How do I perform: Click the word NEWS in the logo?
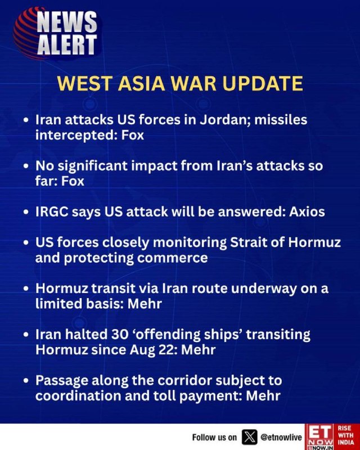coord(67,22)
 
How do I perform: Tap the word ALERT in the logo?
coord(67,44)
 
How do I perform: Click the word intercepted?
coord(74,135)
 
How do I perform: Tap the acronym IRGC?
coord(52,212)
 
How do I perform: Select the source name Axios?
coord(307,212)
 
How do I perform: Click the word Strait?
coord(247,242)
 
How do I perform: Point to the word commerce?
coord(172,258)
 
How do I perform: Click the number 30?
coord(119,334)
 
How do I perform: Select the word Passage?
coord(62,381)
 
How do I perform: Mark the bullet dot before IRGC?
coord(26,213)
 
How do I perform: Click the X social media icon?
coord(250,437)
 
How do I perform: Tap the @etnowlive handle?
coord(281,438)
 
